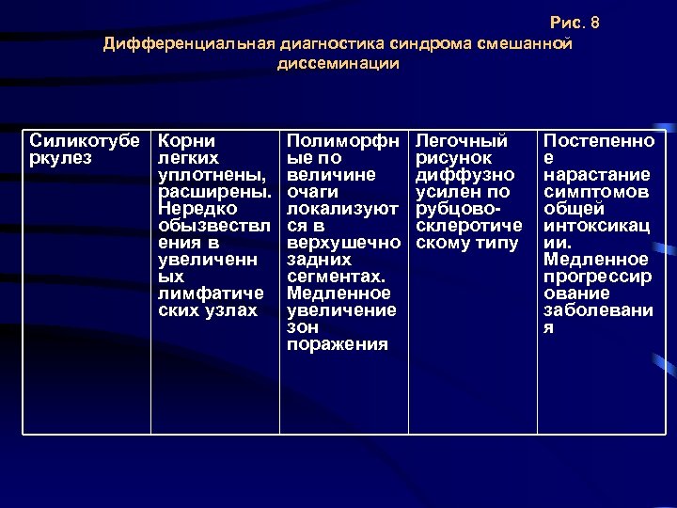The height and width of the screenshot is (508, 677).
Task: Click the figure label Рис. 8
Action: point(574,24)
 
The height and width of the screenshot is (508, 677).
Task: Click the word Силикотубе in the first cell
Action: point(83,141)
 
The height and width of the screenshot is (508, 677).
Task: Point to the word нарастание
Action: point(597,175)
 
